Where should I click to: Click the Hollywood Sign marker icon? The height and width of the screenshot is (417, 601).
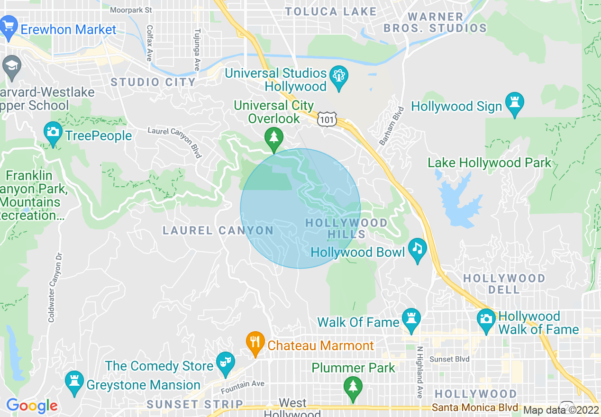514,105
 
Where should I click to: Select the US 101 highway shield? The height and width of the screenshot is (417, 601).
328,119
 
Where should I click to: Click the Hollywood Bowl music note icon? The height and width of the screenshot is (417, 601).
417,250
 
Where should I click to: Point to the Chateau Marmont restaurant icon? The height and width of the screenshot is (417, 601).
255,343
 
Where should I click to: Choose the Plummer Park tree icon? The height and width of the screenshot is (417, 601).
352,388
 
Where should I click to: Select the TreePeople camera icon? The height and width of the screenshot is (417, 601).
53,133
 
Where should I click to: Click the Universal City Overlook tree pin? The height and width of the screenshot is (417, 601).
273,139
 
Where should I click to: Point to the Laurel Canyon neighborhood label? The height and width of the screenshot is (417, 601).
218,231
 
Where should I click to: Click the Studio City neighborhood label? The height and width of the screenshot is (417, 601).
153,82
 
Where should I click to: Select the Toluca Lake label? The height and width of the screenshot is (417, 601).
331,12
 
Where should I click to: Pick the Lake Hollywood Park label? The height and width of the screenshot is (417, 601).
490,163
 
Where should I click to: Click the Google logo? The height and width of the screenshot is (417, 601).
32,406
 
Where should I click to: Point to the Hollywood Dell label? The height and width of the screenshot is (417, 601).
504,283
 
